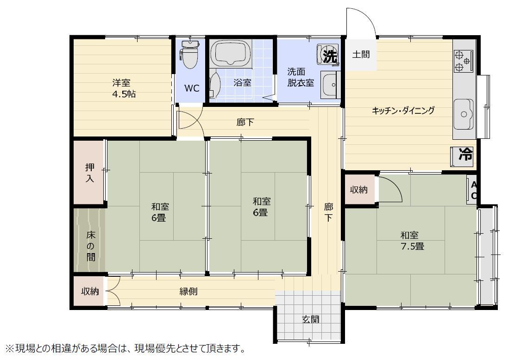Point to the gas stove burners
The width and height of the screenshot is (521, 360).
point(463,61)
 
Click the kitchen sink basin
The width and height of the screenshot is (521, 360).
point(464,114)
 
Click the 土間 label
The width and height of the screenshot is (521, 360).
point(361,54)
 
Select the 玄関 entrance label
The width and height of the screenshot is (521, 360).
point(311,319)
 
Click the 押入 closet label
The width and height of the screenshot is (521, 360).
point(90,173)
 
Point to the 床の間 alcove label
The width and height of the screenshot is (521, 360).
point(91,246)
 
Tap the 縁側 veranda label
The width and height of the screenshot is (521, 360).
point(188,292)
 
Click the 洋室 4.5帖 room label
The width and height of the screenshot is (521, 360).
point(124,88)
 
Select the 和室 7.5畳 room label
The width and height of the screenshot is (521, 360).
point(412,241)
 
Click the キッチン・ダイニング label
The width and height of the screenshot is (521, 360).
point(403,110)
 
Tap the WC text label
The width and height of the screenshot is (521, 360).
point(192,88)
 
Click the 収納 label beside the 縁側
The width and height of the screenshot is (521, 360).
point(90,291)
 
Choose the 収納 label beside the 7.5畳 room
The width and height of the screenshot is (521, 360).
point(359,190)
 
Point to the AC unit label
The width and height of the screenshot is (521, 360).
point(474,190)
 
